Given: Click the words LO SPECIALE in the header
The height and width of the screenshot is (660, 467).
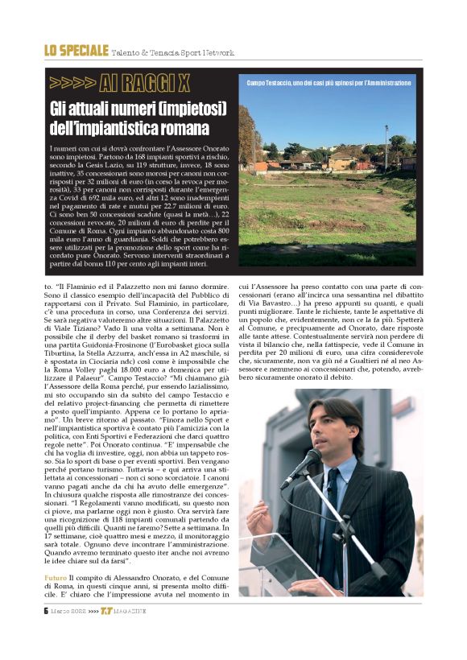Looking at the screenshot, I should (76, 51).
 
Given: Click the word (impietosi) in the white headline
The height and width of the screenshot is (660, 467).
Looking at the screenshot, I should (192, 109).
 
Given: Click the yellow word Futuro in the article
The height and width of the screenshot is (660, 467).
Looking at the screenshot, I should (57, 579).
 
